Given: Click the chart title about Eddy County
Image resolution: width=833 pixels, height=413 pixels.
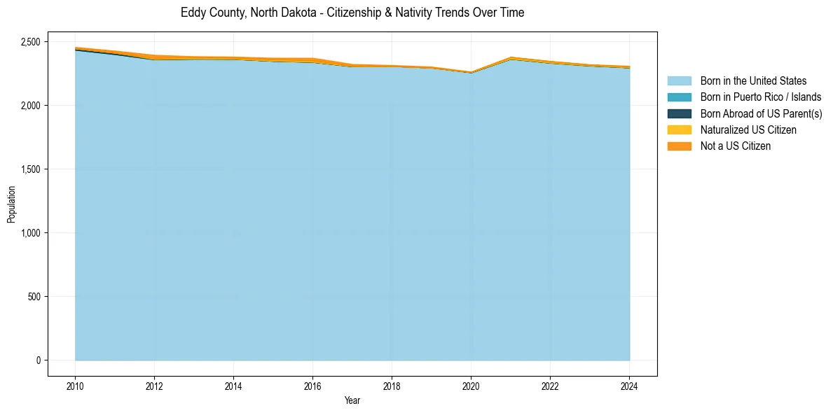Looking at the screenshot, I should point(352,13).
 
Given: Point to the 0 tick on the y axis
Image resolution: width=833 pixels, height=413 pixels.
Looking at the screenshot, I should point(38,360).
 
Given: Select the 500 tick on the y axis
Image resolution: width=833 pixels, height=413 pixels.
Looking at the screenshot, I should point(34,297).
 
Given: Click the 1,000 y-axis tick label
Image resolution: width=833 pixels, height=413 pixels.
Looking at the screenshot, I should point(30,233).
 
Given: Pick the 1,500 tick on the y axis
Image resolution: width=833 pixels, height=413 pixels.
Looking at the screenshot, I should point(30,169).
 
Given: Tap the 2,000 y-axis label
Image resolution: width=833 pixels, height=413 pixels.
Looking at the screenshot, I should point(30,106).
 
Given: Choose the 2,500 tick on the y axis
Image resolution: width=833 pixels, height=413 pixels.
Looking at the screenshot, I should point(30,42).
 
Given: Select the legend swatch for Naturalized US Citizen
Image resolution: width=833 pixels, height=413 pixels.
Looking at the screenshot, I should point(679,130).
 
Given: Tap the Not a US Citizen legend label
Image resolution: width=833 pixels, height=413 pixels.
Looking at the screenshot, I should point(735,146).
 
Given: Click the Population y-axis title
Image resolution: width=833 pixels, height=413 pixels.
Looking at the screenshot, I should point(11,204).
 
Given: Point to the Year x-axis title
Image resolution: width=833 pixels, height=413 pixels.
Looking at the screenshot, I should point(352,400).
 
